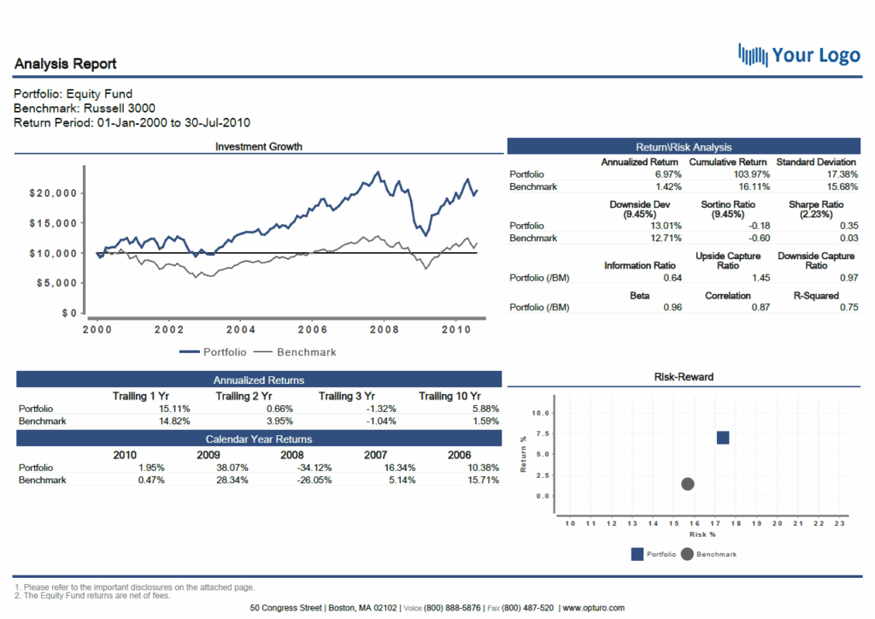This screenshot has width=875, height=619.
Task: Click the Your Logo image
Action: [x=799, y=56]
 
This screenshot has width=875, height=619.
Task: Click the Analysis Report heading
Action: [x=65, y=64]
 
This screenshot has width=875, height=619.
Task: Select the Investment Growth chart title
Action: [x=258, y=146]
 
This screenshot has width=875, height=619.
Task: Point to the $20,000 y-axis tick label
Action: [x=54, y=193]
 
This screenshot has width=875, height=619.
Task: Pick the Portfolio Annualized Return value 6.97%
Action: [x=664, y=174]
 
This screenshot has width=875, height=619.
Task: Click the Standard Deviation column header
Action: [x=815, y=162]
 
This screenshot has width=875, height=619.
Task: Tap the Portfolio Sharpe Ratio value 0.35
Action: [x=849, y=226]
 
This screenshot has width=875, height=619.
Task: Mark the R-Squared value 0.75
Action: [x=849, y=308]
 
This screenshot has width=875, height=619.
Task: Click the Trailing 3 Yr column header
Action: [x=347, y=396]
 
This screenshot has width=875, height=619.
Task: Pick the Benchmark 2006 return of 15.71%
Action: [x=484, y=480]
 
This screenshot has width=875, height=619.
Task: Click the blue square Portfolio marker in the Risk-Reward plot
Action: [x=722, y=438]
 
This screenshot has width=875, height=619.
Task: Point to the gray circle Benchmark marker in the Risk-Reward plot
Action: [x=687, y=484]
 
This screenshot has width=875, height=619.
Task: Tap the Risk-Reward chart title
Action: [x=684, y=377]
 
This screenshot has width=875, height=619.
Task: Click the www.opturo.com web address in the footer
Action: [x=593, y=608]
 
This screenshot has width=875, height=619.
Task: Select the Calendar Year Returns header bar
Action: [x=258, y=439]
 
